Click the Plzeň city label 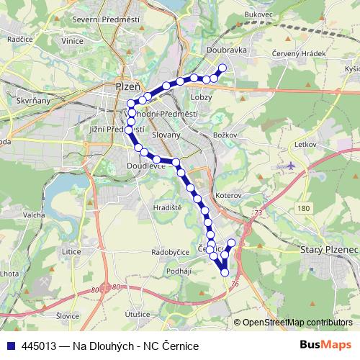pos(127,86)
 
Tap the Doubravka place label pos(226,50)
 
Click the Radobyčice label pos(170,253)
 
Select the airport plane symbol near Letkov pos(290,166)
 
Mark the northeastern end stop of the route pos(222,68)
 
